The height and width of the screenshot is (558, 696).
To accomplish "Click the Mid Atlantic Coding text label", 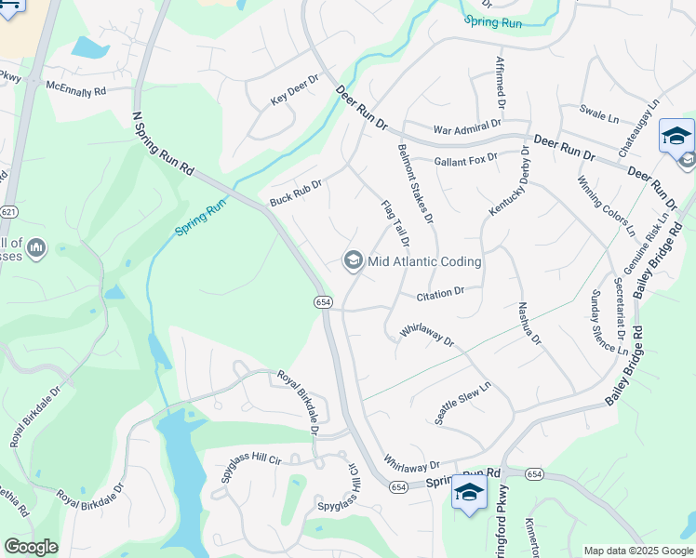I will (424, 261).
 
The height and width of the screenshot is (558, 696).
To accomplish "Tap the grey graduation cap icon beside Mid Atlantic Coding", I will (354, 260).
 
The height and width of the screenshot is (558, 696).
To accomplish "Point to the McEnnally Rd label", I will (76, 88).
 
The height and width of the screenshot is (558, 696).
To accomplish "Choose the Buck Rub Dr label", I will (295, 193).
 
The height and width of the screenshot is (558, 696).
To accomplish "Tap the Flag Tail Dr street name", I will (395, 222).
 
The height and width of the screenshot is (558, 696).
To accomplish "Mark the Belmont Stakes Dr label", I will (416, 183).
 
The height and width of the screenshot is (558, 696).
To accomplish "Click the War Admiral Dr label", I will (467, 126).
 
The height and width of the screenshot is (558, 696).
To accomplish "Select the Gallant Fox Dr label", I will (467, 161).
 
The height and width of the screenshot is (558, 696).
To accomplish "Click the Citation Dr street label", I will (440, 294).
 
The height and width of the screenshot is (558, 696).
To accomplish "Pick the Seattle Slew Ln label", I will (462, 401).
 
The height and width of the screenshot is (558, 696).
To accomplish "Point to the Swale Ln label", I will (599, 114).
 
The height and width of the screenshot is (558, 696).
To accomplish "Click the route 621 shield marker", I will (7, 212).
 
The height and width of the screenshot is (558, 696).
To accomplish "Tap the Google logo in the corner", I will (31, 546).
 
